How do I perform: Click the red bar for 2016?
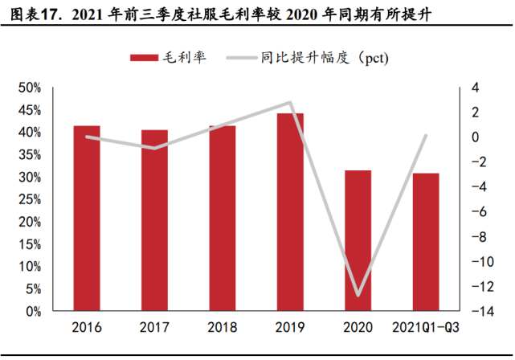[87, 218]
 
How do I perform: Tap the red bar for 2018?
[223, 218]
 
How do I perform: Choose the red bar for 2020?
[358, 240]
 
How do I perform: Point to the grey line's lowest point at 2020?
[358, 295]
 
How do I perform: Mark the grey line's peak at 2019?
[290, 102]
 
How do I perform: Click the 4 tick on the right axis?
[473, 88]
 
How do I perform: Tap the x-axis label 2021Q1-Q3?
[426, 327]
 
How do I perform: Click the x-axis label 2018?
[223, 327]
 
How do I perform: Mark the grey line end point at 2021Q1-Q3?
[426, 135]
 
